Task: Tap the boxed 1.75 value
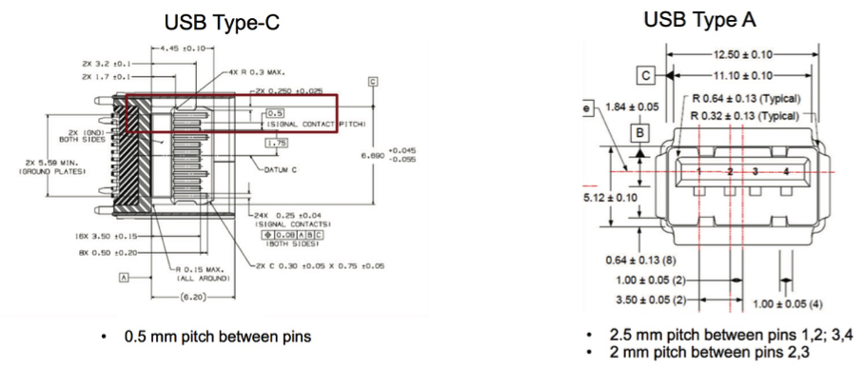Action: [x=277, y=143]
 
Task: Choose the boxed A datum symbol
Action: [x=124, y=277]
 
